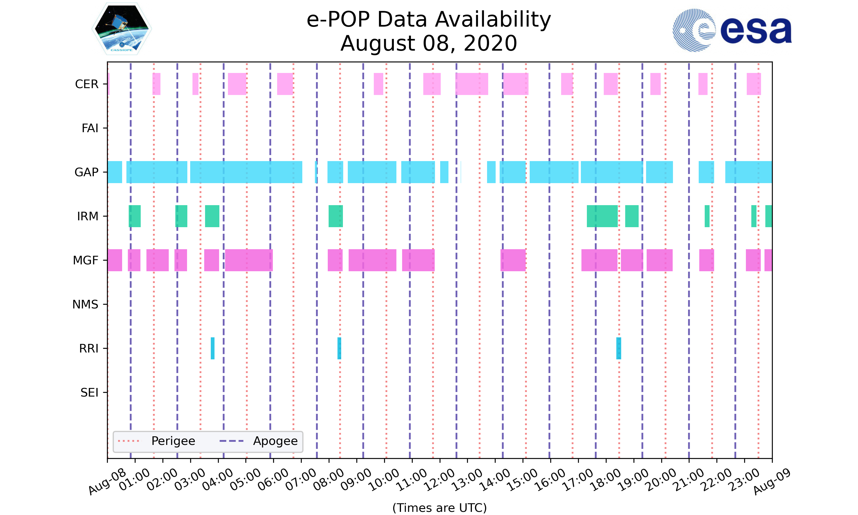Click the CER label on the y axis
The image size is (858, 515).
87,84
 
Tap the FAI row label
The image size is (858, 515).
90,128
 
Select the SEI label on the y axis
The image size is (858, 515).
89,393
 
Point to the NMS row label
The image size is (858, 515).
85,304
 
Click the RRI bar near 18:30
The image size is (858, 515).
619,348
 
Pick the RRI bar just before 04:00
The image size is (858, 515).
212,348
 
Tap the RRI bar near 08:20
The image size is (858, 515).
339,348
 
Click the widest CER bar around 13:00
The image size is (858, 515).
472,84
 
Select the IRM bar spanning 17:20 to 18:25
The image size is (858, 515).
602,216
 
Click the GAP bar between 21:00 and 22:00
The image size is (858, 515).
706,172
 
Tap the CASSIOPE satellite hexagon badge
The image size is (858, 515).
122,29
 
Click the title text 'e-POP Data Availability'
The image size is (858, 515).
429,19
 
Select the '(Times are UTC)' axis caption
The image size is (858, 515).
439,508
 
